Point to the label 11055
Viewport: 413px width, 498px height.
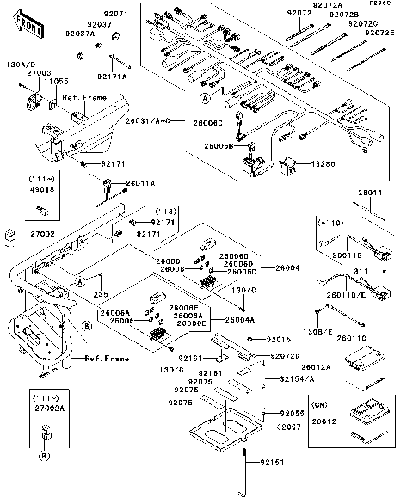56,80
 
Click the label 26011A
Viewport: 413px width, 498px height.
141,183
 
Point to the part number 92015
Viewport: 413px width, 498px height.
269,340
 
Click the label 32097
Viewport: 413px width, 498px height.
289,427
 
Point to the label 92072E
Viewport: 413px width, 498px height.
379,32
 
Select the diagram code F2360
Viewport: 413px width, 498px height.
381,3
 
